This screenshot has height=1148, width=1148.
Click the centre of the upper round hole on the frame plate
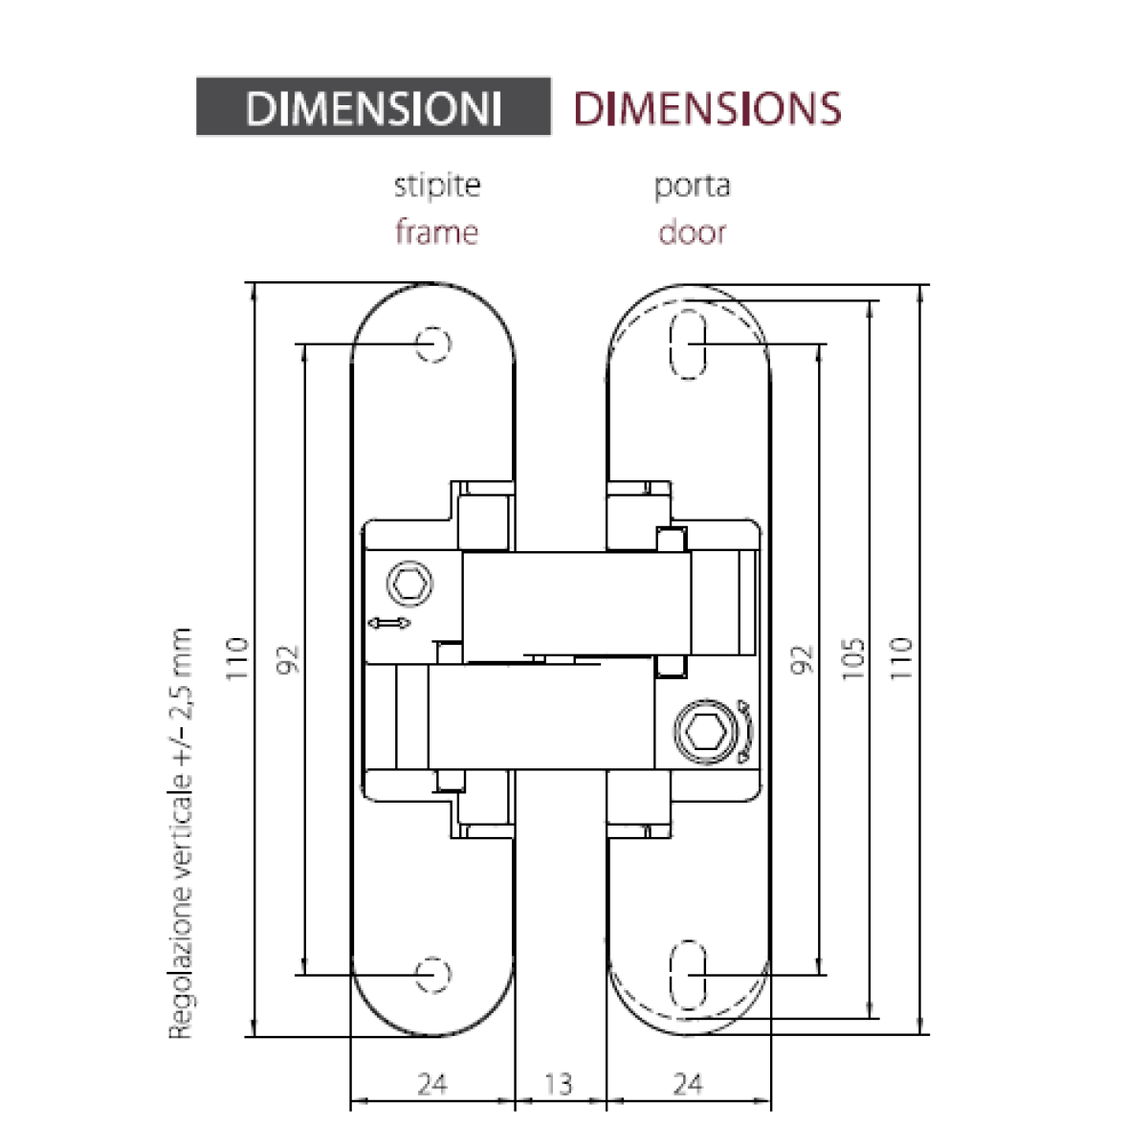(x=433, y=343)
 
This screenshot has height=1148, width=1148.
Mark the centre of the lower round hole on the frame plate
(x=433, y=975)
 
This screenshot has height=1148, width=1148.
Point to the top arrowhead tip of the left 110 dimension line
(x=254, y=283)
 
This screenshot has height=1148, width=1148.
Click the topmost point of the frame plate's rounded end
(x=433, y=282)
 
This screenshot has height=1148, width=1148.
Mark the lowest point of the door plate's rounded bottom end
(x=689, y=1037)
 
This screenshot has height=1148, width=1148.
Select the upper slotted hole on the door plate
(x=689, y=343)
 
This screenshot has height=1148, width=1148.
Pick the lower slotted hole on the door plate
(x=689, y=975)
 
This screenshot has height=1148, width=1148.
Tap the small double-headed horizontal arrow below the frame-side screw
(x=389, y=623)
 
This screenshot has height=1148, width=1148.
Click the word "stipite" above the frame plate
(x=437, y=186)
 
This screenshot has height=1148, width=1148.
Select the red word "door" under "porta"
(x=693, y=232)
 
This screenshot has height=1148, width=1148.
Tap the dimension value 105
(x=853, y=657)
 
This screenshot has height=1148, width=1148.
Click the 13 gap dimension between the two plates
(x=558, y=1084)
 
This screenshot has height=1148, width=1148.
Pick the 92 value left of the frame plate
(x=288, y=659)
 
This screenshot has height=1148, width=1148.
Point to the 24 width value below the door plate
(x=688, y=1084)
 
